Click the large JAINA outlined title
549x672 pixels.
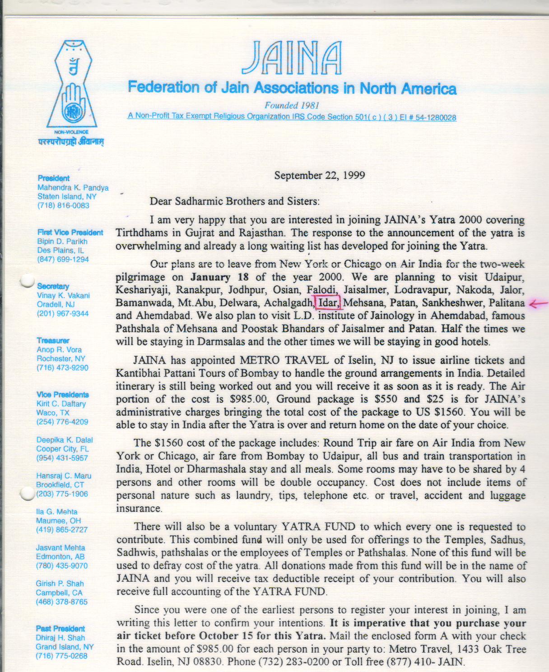(x=292, y=58)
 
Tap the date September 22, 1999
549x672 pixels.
(x=319, y=175)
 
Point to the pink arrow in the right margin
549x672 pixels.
(x=538, y=304)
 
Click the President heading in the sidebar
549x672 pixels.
(x=54, y=178)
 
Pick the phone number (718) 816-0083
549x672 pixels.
(x=63, y=205)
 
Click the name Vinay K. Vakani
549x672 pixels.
(x=63, y=295)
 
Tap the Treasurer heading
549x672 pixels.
(x=53, y=341)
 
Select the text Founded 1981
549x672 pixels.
(x=292, y=106)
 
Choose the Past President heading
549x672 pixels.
(x=60, y=629)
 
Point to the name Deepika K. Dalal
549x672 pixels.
(x=65, y=440)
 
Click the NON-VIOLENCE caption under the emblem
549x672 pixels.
(x=71, y=132)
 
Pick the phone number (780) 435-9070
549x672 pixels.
(x=62, y=566)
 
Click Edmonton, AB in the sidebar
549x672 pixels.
(x=60, y=557)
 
